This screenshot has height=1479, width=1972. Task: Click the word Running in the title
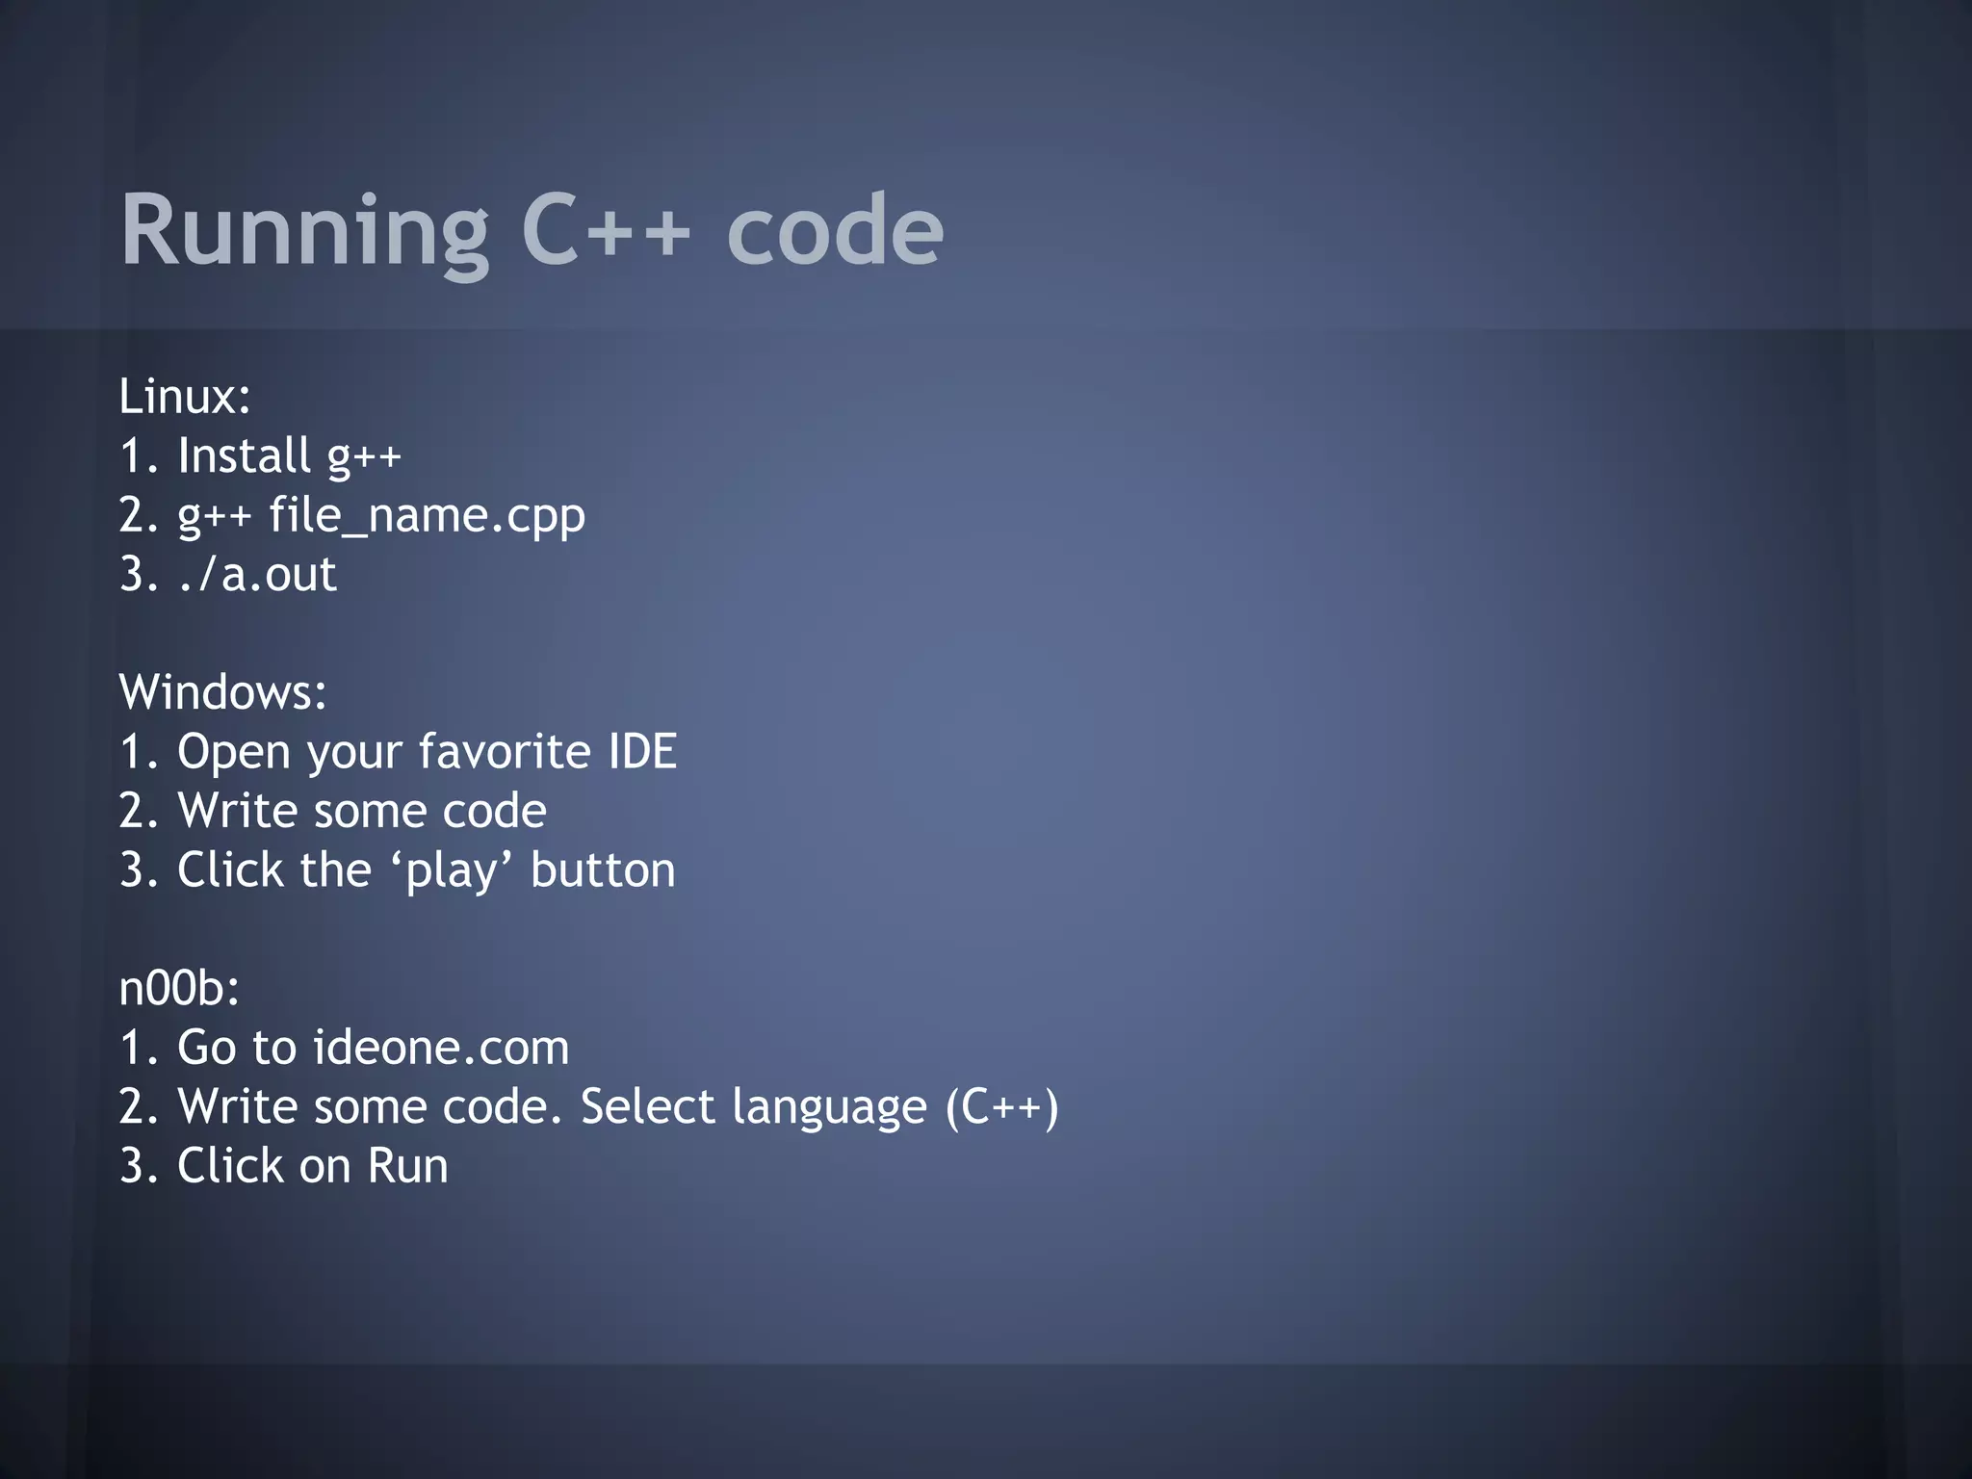coord(304,231)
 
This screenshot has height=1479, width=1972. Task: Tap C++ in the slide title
coord(606,231)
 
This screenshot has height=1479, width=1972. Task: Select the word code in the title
coord(835,231)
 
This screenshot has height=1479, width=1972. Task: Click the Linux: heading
coord(185,397)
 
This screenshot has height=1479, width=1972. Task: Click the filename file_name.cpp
coord(427,515)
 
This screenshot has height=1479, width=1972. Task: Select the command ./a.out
coord(257,575)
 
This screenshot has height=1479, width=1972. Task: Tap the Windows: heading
coord(222,692)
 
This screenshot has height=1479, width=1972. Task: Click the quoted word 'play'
coord(451,870)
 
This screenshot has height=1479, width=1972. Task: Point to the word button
coord(603,870)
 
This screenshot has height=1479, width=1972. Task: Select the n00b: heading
coord(179,988)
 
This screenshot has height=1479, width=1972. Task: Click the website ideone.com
coord(441,1048)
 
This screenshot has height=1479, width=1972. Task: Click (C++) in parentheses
coord(1001,1106)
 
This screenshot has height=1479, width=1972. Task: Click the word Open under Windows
coord(233,753)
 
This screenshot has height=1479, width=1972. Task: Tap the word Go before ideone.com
coord(206,1048)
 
